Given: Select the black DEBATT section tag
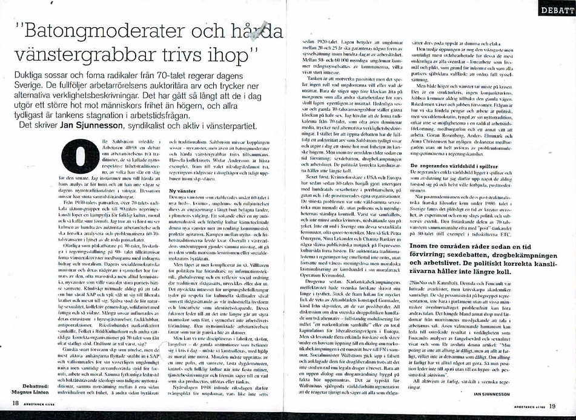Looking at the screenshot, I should pyautogui.click(x=558, y=10).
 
